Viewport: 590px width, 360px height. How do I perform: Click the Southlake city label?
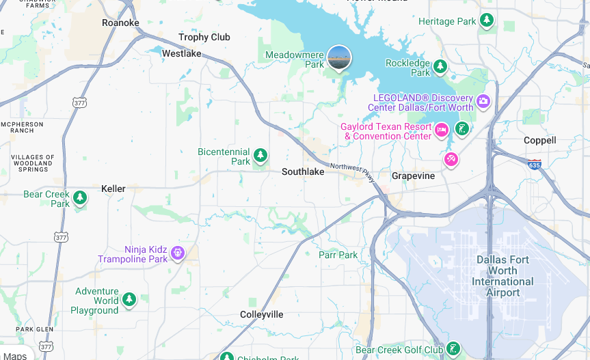click(303, 172)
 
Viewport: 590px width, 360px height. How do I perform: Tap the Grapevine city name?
click(413, 176)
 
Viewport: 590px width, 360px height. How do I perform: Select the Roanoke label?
click(120, 23)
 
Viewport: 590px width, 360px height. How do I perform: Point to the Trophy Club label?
click(204, 37)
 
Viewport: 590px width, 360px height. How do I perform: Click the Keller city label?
click(113, 189)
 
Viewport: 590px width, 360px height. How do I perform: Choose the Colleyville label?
click(262, 314)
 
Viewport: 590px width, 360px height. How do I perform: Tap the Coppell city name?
click(539, 140)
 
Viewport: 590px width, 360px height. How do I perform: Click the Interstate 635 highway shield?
click(534, 165)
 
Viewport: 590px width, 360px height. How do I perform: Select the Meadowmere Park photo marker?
click(339, 57)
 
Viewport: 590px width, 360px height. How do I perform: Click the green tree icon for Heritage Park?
click(487, 20)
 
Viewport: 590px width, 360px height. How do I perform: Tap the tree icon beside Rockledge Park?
click(441, 66)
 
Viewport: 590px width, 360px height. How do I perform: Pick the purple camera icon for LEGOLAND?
click(483, 102)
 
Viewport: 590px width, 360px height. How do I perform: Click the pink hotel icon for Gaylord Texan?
click(442, 129)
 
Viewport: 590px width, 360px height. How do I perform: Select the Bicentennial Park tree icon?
click(260, 155)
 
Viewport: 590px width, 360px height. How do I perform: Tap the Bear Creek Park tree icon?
click(80, 198)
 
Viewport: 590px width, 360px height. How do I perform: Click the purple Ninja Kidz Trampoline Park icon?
click(178, 253)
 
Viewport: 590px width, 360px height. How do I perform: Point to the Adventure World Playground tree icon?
click(129, 299)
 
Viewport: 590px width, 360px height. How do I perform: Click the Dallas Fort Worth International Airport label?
click(502, 276)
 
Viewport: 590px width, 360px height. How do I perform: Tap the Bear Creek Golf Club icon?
click(453, 349)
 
